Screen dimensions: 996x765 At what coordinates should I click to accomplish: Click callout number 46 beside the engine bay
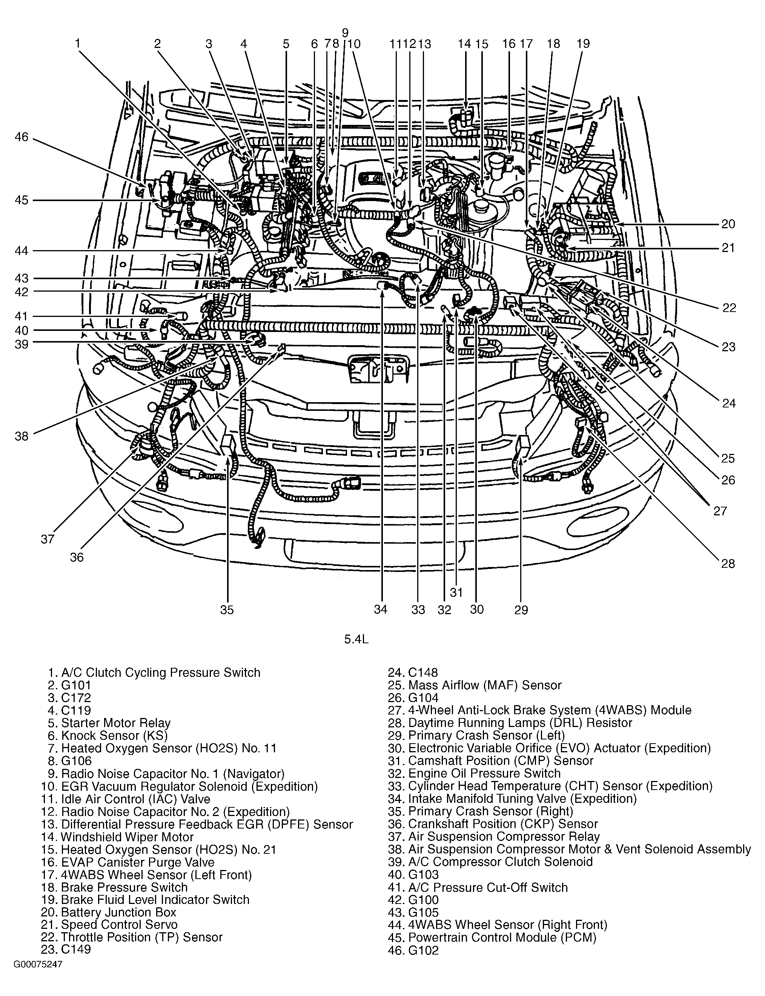tap(22, 137)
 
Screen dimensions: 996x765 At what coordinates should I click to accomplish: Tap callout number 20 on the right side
tap(728, 224)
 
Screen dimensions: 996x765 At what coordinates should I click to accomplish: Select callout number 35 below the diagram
tap(227, 610)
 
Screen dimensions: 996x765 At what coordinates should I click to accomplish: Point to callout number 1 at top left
tap(78, 43)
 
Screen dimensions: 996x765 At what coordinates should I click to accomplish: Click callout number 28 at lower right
tap(728, 564)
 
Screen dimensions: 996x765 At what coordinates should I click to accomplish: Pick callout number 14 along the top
tap(464, 44)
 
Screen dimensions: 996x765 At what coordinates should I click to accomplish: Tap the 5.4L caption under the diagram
tap(356, 639)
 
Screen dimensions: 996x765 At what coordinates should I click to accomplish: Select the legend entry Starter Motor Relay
tap(116, 723)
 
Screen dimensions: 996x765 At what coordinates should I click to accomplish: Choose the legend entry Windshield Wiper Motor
tap(127, 837)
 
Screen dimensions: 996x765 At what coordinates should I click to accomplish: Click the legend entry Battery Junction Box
tap(118, 912)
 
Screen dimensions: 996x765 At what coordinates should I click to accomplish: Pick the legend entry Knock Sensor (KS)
tap(114, 736)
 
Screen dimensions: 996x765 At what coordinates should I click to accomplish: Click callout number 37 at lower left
tap(48, 539)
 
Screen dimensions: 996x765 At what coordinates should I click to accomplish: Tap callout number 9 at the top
tap(345, 33)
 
